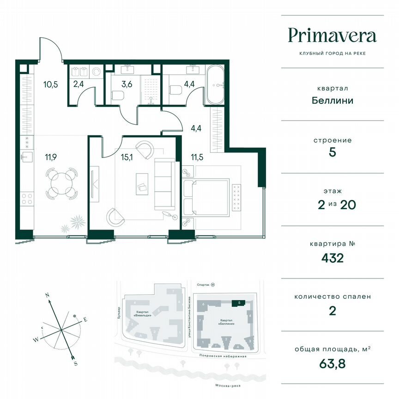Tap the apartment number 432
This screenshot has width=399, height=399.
click(x=332, y=258)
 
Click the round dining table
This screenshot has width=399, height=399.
click(x=61, y=183)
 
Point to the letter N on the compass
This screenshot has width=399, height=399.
click(x=47, y=295)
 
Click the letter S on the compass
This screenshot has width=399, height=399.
click(x=75, y=364)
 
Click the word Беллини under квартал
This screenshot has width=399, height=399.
click(x=332, y=100)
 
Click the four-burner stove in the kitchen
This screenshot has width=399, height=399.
click(x=27, y=199)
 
